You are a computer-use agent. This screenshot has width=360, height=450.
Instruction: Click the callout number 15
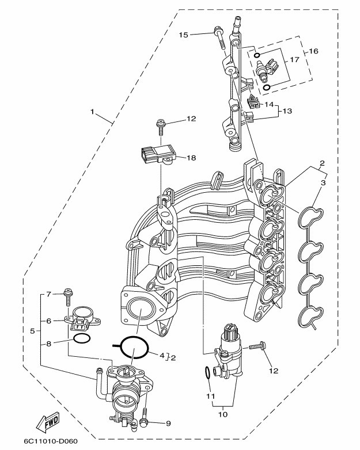[183, 35]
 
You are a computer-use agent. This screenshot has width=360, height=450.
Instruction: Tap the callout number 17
[294, 60]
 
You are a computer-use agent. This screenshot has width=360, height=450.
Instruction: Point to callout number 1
[92, 111]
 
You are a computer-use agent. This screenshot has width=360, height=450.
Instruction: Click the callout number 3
[323, 182]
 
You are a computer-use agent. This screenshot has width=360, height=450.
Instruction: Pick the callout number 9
[168, 424]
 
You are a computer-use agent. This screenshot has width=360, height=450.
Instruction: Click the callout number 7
[49, 294]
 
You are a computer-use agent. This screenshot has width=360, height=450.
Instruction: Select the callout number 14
[268, 105]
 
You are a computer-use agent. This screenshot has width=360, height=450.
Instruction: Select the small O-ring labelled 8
[81, 338]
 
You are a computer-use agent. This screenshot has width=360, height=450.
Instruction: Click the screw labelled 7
[68, 297]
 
